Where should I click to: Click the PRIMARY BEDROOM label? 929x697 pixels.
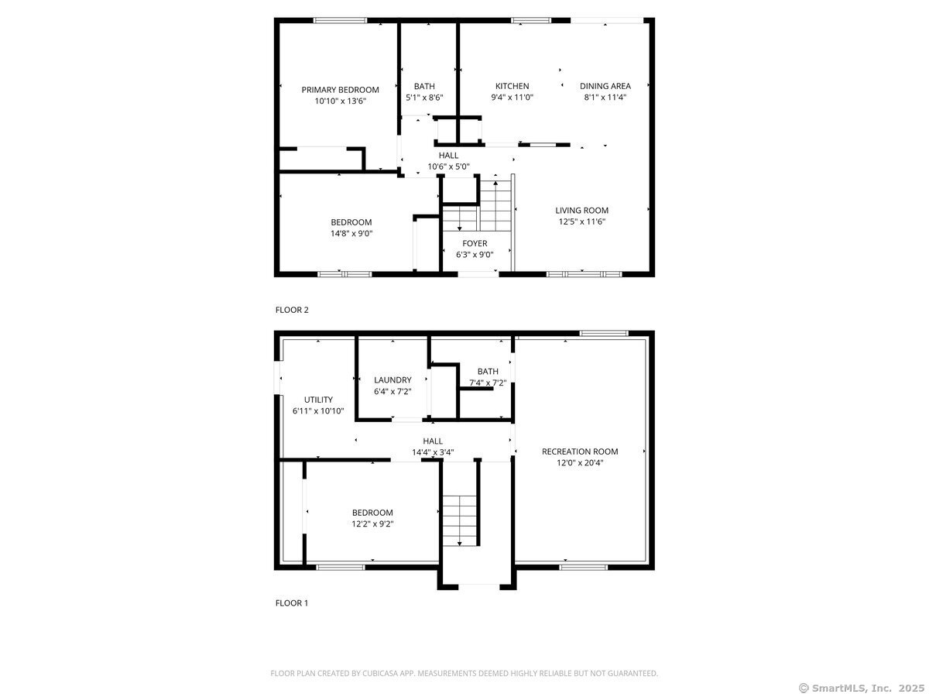tap(340, 90)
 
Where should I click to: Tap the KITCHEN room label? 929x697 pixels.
tap(512, 86)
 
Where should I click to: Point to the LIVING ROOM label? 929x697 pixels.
tap(581, 210)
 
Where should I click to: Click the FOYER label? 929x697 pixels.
tap(475, 243)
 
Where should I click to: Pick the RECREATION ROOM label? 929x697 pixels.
tap(579, 452)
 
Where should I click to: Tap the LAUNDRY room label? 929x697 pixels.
tap(393, 379)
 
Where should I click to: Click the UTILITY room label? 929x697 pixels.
tap(318, 400)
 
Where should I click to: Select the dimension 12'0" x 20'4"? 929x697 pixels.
tap(580, 463)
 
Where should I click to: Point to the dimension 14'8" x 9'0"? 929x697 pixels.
tap(351, 233)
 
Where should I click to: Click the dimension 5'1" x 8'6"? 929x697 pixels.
tap(424, 98)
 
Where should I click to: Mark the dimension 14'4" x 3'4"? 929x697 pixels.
tap(433, 452)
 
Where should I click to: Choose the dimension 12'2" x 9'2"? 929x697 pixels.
tap(372, 524)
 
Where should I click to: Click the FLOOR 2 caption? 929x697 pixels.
tap(292, 310)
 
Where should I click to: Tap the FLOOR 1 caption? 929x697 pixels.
tap(292, 603)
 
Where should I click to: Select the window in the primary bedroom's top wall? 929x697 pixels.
tap(340, 20)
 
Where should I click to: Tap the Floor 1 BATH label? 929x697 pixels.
tap(488, 372)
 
